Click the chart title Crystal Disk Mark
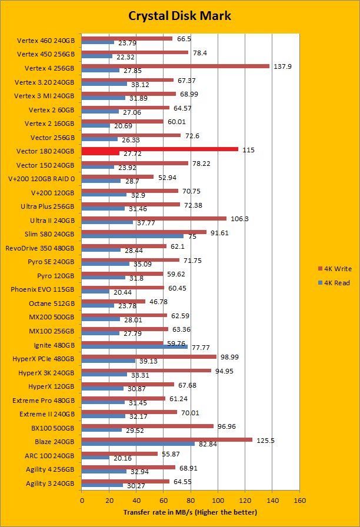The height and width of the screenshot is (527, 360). (179, 15)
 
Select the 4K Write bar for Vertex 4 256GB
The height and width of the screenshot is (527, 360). (175, 66)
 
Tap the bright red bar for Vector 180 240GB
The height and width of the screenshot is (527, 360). (159, 149)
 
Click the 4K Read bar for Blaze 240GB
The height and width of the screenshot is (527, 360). (138, 443)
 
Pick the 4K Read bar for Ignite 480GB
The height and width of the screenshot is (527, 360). (134, 346)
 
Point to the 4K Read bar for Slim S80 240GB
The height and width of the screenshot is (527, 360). (132, 236)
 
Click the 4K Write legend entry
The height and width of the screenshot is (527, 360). (333, 269)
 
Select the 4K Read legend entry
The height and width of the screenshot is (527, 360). (333, 282)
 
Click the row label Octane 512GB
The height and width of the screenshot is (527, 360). (51, 303)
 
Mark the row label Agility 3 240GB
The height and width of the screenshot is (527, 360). (50, 483)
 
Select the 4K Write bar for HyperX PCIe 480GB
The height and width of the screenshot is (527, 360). (149, 356)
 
